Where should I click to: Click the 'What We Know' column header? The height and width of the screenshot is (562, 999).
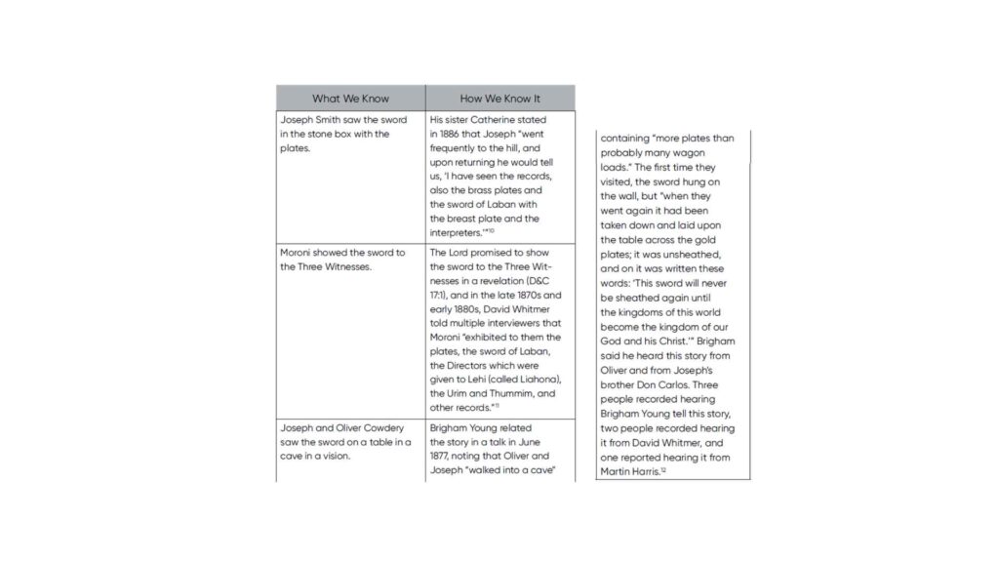tap(350, 99)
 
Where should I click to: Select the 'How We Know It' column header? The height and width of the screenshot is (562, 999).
tap(499, 99)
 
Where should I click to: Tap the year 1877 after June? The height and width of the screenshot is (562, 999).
tap(443, 456)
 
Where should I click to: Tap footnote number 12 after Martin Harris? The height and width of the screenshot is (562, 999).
tap(663, 469)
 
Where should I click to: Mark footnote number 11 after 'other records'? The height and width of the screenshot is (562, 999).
tap(496, 405)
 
